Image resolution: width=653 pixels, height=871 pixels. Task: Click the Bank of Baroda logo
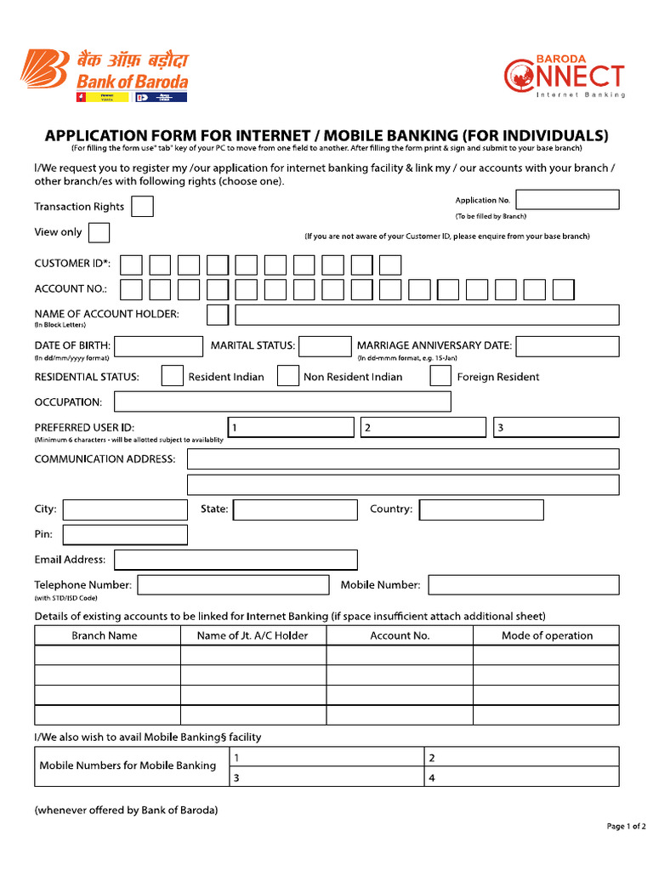click(x=104, y=74)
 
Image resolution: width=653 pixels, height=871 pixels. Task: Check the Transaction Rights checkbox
click(x=142, y=207)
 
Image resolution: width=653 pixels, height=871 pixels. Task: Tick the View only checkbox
click(x=99, y=232)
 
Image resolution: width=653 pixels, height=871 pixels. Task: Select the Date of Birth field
click(x=159, y=346)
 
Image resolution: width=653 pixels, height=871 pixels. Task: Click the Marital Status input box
click(x=325, y=346)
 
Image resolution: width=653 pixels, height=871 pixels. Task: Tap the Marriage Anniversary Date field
click(x=567, y=346)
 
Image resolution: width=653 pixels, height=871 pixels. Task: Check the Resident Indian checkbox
click(x=173, y=376)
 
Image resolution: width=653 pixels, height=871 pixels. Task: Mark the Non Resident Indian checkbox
click(x=288, y=376)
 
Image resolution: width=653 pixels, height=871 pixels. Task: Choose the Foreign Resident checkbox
click(x=440, y=376)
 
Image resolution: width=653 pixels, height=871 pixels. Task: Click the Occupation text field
click(x=282, y=401)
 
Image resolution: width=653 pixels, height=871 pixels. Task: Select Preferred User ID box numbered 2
click(x=423, y=427)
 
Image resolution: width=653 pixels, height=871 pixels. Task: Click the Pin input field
click(x=125, y=535)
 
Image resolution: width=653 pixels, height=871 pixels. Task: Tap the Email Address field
click(x=236, y=560)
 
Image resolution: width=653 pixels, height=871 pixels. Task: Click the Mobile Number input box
click(x=523, y=585)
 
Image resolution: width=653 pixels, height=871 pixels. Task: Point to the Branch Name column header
click(x=105, y=635)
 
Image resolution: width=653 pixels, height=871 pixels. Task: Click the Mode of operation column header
click(x=547, y=635)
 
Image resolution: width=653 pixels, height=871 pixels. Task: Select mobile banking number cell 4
click(x=522, y=777)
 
